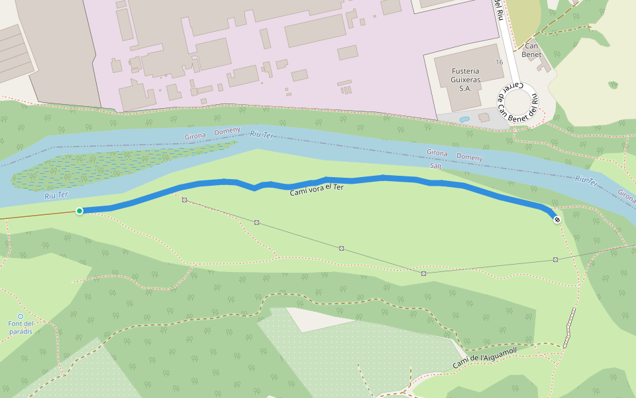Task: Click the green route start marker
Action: point(79,211)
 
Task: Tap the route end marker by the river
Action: point(557,220)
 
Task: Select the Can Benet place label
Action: point(531,50)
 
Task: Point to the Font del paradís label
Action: point(20,327)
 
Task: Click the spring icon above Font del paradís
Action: point(20,316)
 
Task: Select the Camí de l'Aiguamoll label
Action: point(484,358)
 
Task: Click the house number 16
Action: point(498,62)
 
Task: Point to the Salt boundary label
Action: point(435,166)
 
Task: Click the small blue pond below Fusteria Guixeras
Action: point(464,120)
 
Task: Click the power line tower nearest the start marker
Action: point(184,200)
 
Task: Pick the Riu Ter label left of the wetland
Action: point(56,195)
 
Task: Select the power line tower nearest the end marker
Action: point(555,259)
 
